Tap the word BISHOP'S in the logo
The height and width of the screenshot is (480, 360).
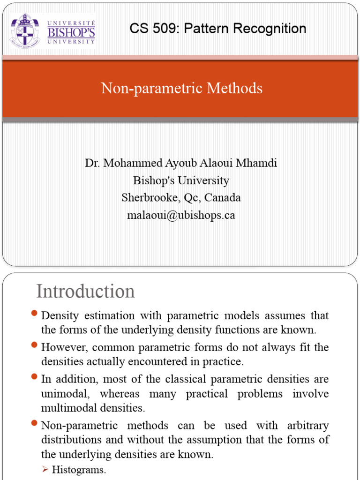(x=71, y=32)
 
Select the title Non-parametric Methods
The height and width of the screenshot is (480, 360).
(x=181, y=88)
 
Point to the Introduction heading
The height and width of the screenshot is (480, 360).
(x=86, y=292)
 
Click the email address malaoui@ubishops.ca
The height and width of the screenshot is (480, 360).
(x=181, y=215)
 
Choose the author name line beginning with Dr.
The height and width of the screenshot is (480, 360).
(x=181, y=163)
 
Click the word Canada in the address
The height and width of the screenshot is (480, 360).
(x=222, y=198)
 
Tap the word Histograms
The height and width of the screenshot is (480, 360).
(x=79, y=470)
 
